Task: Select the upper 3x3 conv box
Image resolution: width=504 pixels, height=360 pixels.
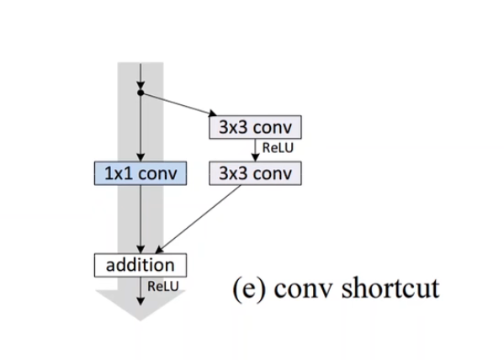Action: tap(254, 128)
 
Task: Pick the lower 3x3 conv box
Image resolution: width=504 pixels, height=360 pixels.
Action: tap(254, 173)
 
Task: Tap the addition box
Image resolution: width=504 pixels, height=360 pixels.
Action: tap(140, 265)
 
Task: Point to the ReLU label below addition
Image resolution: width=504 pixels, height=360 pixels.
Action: tap(162, 287)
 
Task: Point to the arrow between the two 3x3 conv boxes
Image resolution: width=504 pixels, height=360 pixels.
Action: tap(254, 151)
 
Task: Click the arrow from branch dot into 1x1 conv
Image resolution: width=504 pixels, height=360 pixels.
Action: tap(141, 126)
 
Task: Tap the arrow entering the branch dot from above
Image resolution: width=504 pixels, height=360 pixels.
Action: tap(141, 74)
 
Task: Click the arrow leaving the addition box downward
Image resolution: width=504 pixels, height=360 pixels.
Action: tap(141, 287)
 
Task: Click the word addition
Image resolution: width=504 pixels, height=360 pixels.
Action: tap(140, 265)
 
